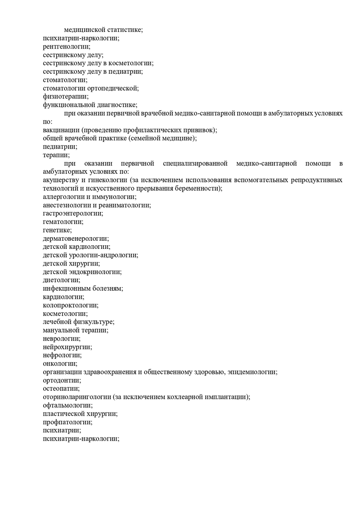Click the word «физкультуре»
pyautogui.click(x=94, y=322)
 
